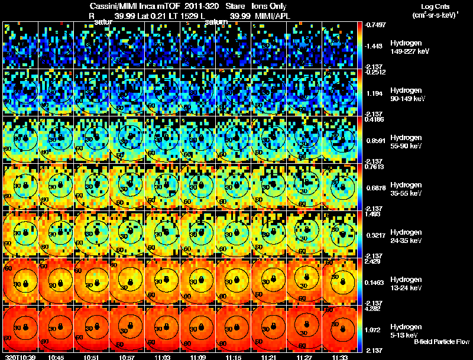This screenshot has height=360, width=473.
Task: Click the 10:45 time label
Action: tap(56, 357)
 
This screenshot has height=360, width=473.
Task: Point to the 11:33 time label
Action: tap(340, 357)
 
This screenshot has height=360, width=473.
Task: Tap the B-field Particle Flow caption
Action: tap(441, 342)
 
